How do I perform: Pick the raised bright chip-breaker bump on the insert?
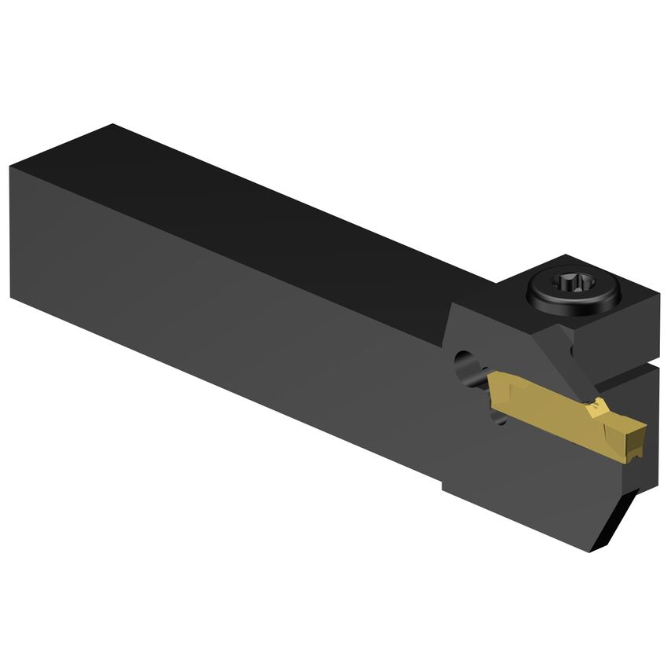point(595,409)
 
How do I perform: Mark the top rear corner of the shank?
point(114,126)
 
